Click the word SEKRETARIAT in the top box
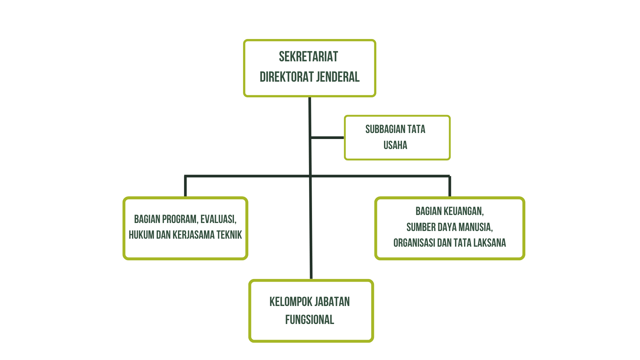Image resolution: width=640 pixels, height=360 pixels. (308, 57)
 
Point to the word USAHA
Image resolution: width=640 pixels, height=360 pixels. (395, 145)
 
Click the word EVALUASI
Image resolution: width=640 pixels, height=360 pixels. (218, 219)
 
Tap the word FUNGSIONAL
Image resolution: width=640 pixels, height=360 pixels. (310, 320)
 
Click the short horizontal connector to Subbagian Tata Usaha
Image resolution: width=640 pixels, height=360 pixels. (327, 137)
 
